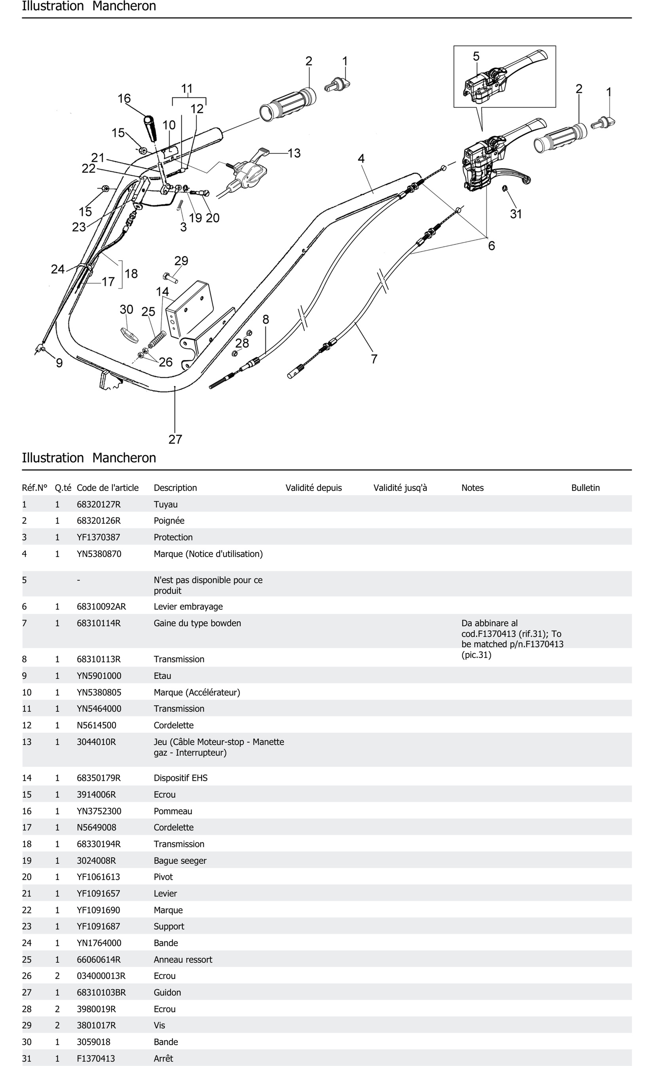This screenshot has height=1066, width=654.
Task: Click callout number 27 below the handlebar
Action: (x=175, y=439)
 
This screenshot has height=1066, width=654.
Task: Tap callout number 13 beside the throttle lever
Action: (x=294, y=153)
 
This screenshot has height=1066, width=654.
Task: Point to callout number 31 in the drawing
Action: (x=516, y=214)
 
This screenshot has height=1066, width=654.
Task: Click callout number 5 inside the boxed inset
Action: (x=476, y=56)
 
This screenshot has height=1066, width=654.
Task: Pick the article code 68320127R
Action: (x=99, y=504)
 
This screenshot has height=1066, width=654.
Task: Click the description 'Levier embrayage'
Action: (x=188, y=607)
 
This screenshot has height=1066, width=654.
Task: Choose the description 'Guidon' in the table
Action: (x=167, y=992)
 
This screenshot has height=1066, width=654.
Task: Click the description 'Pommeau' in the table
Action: (x=173, y=811)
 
